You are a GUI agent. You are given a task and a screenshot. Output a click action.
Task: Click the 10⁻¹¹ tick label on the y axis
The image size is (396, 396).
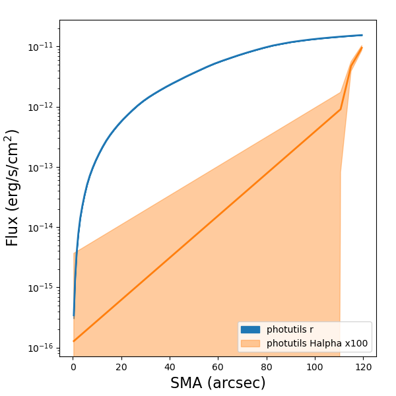[42, 47]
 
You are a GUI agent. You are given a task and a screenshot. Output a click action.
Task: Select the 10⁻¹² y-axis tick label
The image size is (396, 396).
[42, 107]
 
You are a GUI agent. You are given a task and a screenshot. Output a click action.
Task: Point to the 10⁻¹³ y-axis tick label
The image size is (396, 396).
[42, 167]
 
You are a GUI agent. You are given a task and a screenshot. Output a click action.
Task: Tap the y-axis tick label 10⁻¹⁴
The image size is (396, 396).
[42, 228]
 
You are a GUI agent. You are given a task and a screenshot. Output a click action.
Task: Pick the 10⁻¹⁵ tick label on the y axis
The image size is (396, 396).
[42, 288]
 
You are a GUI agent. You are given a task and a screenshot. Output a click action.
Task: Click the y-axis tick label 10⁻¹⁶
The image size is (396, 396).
[42, 348]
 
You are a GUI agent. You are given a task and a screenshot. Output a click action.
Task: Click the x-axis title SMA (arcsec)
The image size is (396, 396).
[218, 383]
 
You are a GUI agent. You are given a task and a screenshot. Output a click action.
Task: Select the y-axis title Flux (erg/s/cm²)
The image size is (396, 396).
[13, 188]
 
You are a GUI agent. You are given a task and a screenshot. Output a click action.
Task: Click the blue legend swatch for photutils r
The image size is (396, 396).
[251, 329]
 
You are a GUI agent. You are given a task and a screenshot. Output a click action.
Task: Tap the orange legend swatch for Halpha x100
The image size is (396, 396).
[251, 343]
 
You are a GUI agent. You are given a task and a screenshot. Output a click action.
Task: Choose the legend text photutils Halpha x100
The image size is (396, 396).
[317, 343]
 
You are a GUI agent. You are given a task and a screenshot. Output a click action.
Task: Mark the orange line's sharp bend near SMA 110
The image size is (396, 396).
[341, 110]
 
